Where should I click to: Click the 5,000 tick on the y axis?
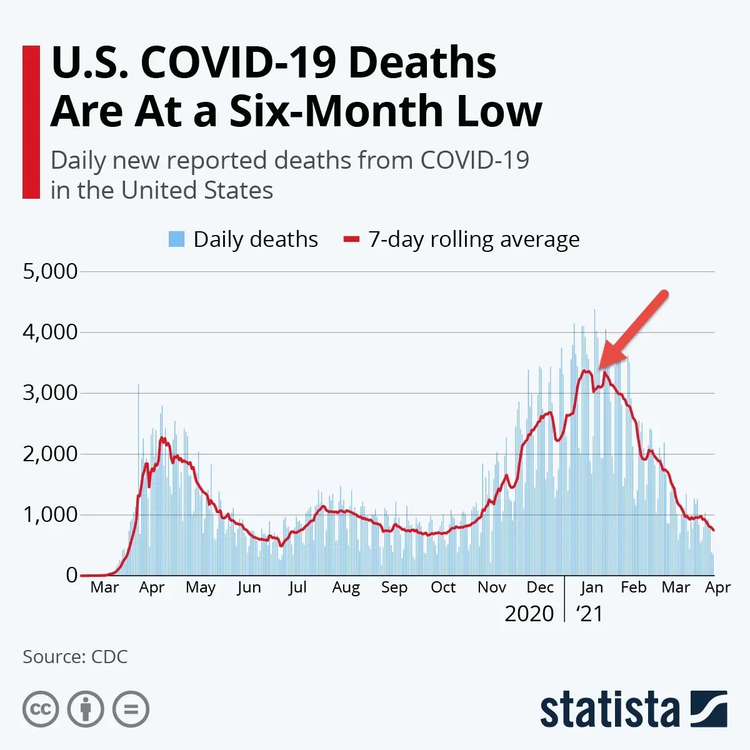coord(50,271)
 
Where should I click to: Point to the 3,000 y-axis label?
coord(50,392)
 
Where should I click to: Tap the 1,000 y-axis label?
coord(50,514)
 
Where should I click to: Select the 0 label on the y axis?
coord(72,575)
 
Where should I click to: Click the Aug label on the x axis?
coord(346,587)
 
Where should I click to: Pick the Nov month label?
coord(491,587)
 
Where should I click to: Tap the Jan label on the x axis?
coord(591,587)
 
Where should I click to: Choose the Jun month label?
coord(249,587)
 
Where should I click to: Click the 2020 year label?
coord(529,614)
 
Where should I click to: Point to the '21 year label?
coord(589,614)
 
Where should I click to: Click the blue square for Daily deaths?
coord(177,239)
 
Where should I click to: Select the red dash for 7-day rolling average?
coord(352,239)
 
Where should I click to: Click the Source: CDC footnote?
coord(75,657)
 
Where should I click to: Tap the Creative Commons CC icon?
coord(41,709)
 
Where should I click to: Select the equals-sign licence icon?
coord(131,709)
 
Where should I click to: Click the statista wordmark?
coord(609,711)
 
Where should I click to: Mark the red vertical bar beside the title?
coord(31,122)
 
